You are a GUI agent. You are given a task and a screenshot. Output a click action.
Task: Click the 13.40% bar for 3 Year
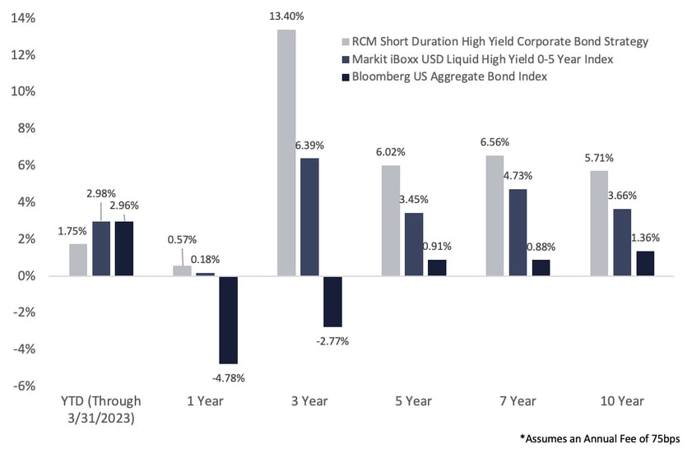click(x=286, y=153)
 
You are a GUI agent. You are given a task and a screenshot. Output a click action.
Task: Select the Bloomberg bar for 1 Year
click(x=228, y=320)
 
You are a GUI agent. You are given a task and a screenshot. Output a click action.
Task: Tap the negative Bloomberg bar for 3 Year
click(x=332, y=301)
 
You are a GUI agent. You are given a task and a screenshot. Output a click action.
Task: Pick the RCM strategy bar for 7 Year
click(x=495, y=215)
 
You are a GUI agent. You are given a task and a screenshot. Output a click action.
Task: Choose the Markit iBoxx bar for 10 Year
click(x=622, y=243)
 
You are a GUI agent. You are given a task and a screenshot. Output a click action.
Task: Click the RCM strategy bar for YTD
click(x=78, y=260)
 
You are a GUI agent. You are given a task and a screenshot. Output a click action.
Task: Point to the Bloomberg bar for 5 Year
click(x=437, y=268)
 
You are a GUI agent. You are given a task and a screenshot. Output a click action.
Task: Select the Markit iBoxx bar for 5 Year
click(x=414, y=244)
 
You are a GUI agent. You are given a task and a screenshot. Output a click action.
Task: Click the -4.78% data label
click(x=228, y=378)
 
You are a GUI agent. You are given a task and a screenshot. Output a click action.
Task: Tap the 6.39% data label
click(x=309, y=146)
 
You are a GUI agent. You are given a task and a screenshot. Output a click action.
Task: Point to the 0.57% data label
click(x=182, y=239)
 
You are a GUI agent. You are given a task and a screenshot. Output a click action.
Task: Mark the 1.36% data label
click(x=645, y=238)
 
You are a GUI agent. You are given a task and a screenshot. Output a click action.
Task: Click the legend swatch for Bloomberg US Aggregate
click(x=346, y=77)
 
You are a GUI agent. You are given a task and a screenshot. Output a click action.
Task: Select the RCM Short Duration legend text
click(x=500, y=41)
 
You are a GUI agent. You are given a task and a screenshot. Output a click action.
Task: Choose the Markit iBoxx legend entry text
click(x=482, y=59)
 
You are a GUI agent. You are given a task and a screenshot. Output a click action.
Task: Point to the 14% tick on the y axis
click(x=23, y=18)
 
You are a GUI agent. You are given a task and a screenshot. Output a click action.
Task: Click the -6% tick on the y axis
click(x=23, y=386)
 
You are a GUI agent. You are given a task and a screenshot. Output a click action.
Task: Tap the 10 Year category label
click(x=622, y=401)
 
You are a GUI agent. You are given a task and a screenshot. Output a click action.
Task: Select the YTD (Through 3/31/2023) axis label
click(x=101, y=409)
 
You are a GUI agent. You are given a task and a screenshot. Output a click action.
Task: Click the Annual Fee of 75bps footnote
click(x=600, y=438)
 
